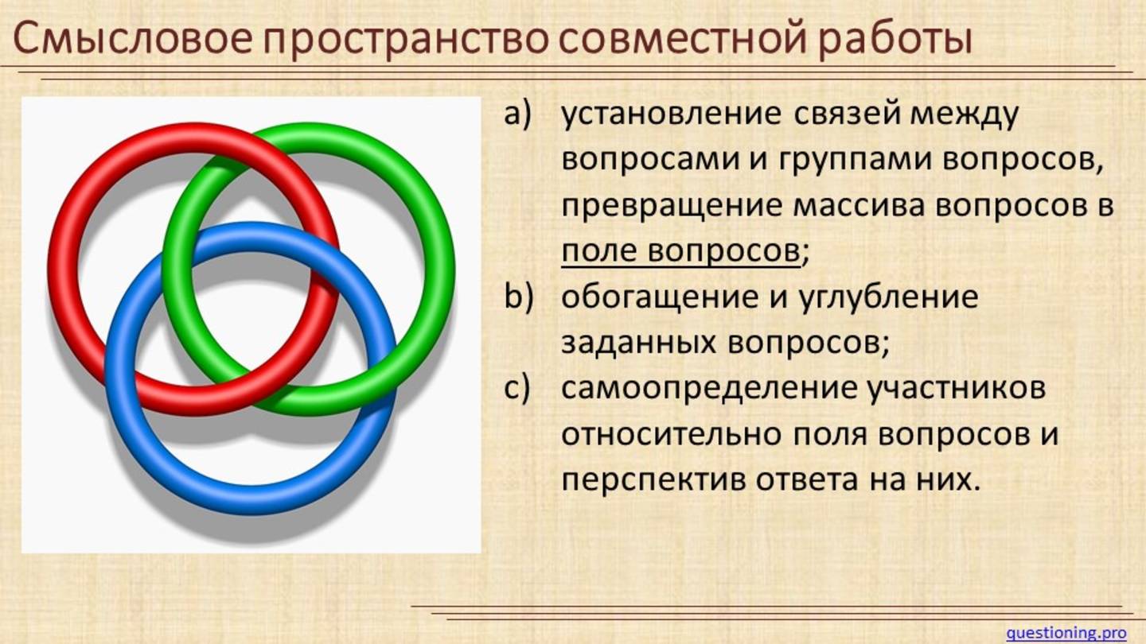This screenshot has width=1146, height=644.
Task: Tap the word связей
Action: pyautogui.click(x=846, y=115)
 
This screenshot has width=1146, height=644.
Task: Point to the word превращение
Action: pyautogui.click(x=671, y=207)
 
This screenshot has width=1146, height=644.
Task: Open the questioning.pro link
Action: pyautogui.click(x=1066, y=633)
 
